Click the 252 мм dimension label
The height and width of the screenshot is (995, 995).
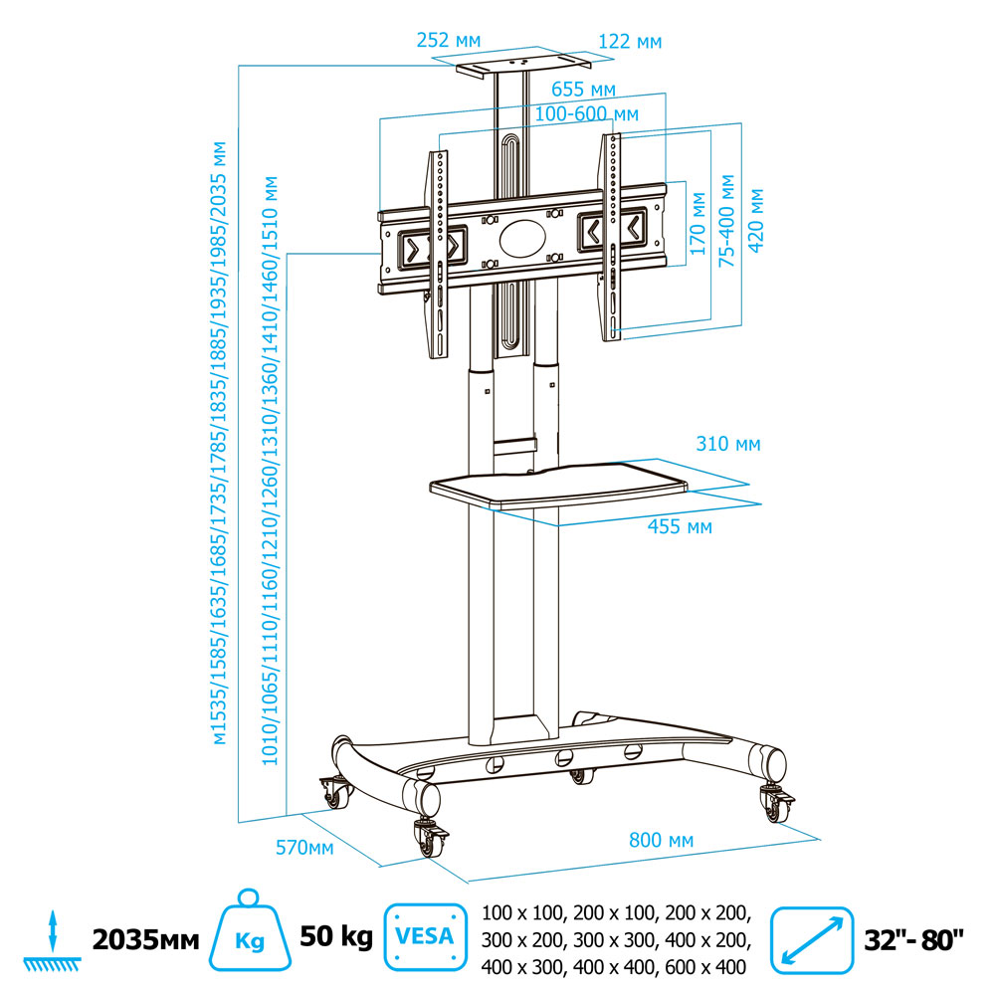point(448,41)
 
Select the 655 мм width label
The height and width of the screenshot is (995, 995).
point(583,91)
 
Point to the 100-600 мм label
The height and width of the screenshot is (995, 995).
point(586,115)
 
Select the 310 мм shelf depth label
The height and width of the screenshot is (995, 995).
point(728,444)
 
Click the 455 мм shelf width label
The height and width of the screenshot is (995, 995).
point(680,527)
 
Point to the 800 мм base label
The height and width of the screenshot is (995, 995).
point(661,841)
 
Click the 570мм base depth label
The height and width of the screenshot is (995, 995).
point(304,848)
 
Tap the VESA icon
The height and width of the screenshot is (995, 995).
point(425,937)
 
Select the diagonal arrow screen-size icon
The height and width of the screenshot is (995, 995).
point(813,937)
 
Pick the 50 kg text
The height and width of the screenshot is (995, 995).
point(336,937)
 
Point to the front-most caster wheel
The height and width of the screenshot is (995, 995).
point(433,840)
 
